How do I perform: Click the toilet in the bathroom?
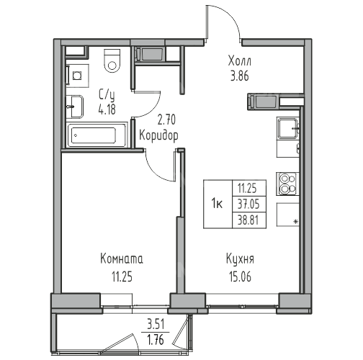(x=112, y=61)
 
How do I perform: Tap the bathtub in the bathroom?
(x=97, y=135)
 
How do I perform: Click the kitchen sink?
(x=288, y=129)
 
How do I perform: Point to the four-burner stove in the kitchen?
(x=287, y=184)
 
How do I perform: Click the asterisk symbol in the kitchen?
(x=296, y=222)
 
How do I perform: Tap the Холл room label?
(x=240, y=61)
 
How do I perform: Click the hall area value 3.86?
(x=240, y=76)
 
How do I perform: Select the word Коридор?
(x=159, y=136)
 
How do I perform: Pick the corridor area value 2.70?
(x=166, y=120)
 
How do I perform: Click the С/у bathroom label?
(x=107, y=95)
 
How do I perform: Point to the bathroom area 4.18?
(x=107, y=109)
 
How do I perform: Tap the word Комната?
(x=122, y=259)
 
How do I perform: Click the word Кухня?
(x=241, y=260)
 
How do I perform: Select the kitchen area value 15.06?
(x=240, y=276)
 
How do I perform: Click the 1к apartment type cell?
(x=218, y=204)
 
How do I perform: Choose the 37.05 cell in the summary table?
(x=249, y=204)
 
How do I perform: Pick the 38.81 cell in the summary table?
(x=249, y=220)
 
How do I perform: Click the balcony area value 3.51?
(x=156, y=325)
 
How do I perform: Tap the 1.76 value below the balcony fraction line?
(x=156, y=340)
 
